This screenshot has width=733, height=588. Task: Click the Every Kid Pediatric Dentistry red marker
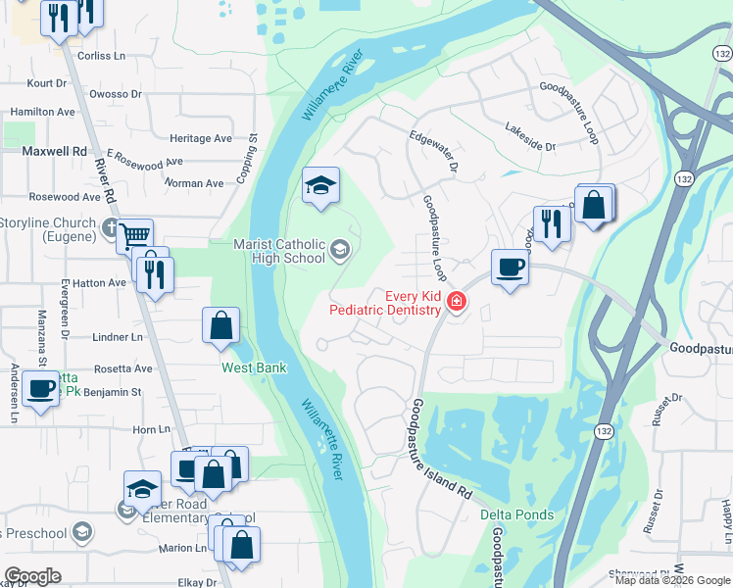click(456, 301)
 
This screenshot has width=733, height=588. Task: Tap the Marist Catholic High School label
click(279, 251)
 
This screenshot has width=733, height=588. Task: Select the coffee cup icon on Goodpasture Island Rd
click(510, 267)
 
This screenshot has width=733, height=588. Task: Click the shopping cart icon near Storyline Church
click(134, 235)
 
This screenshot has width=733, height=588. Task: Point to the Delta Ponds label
click(516, 514)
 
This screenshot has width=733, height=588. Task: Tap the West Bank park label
click(253, 368)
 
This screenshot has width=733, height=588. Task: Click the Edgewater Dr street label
click(434, 152)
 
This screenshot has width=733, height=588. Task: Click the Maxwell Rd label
click(55, 152)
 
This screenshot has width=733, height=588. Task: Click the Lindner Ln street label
click(117, 337)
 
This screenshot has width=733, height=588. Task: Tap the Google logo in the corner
click(32, 576)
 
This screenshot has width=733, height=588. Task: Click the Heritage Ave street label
click(201, 139)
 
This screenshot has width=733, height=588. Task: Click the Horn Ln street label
click(152, 429)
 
